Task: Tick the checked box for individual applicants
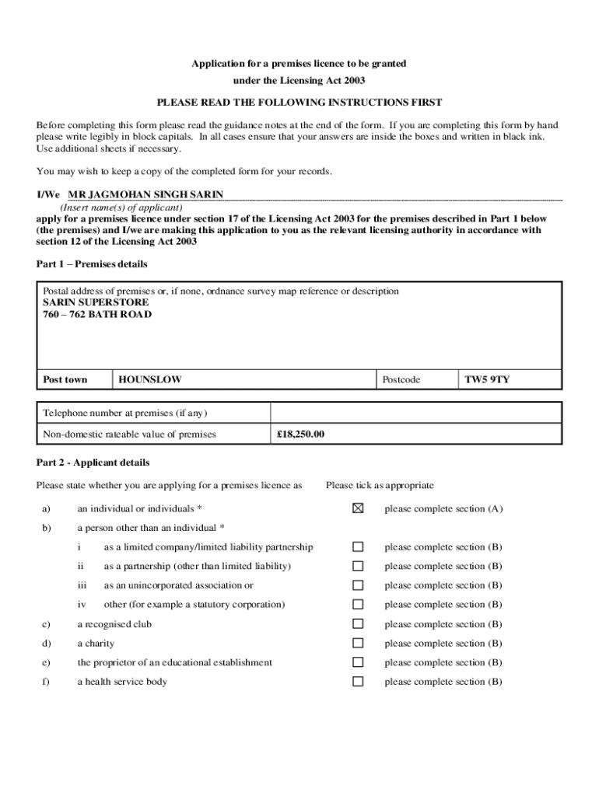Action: tap(358, 508)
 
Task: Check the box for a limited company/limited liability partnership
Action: tap(358, 547)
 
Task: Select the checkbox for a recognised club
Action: tap(358, 624)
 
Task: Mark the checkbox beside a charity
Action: tap(358, 644)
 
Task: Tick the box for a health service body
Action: tap(358, 682)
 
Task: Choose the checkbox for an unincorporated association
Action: tap(358, 585)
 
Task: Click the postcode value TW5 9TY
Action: tap(487, 380)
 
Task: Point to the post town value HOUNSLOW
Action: tap(150, 380)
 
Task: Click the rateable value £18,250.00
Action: tap(300, 435)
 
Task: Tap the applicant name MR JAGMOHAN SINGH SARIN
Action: tap(145, 194)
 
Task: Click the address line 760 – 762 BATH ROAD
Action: tap(97, 315)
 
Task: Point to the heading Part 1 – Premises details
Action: tap(92, 264)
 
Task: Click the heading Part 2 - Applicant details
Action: tap(93, 463)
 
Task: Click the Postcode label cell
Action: tap(401, 380)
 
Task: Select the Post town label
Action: tap(65, 380)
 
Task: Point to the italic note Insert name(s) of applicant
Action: tap(121, 208)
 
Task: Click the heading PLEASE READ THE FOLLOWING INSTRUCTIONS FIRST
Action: tap(299, 103)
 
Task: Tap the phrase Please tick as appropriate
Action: tap(380, 486)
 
